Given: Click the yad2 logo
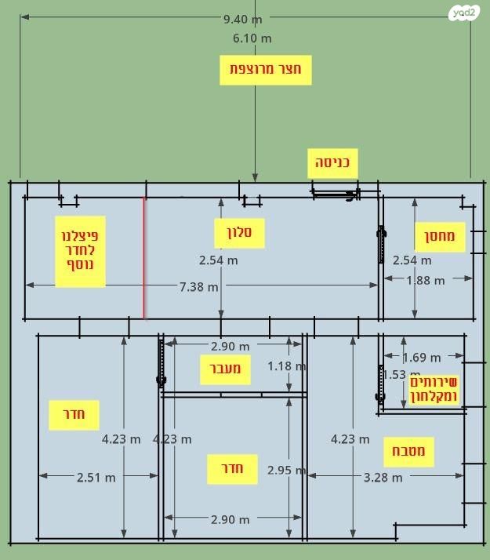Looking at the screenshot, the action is point(464,13).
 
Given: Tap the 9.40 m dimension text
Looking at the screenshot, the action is point(243,20).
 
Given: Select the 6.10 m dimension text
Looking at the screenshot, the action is point(252,38).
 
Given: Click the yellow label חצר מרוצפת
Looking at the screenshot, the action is point(266,70).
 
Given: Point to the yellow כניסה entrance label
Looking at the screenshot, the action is point(332,163).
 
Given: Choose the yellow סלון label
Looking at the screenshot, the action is point(239,233).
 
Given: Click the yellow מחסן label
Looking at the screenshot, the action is point(440,237).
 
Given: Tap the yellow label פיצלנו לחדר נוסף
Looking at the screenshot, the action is point(80,252).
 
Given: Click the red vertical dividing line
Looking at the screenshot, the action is point(143,257).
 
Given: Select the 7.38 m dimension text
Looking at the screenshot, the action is point(199,287).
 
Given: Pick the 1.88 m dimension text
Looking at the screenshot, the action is point(426,281).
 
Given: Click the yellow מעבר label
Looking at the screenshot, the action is point(225,369).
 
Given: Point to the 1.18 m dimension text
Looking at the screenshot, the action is point(287,366).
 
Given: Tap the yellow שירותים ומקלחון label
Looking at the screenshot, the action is point(434,389).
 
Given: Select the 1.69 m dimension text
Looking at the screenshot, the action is point(422,358).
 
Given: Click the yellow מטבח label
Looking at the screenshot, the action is point(408,452).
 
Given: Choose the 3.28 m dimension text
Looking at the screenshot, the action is point(383,478).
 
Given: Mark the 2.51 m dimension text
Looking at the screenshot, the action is point(96,478).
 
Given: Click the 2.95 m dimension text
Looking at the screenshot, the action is point(287,470).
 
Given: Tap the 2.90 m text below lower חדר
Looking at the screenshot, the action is point(230,520).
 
